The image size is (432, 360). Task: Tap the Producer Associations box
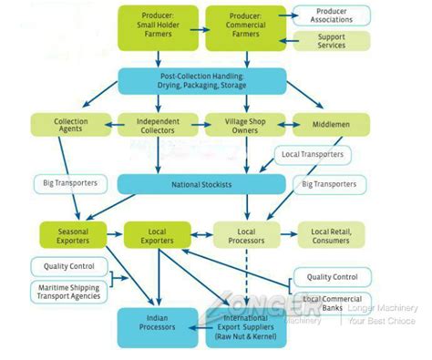(x=332, y=15)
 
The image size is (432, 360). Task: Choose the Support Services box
(x=332, y=41)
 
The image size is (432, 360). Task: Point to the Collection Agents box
(x=71, y=126)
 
